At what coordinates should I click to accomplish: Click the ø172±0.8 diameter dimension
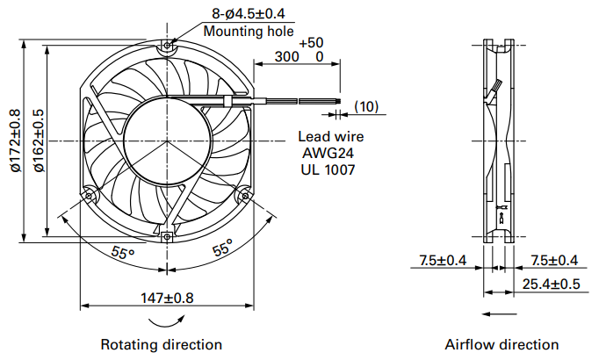16,140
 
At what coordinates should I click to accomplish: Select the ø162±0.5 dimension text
39,140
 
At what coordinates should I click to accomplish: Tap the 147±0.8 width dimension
167,298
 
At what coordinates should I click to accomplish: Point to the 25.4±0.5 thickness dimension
551,284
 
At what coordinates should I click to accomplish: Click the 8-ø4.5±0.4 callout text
249,14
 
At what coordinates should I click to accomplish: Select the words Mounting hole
249,31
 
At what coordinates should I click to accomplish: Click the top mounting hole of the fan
167,46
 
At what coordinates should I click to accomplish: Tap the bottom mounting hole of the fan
167,237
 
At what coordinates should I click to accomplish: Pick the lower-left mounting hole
89,196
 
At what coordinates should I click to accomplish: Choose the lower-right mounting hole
245,196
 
